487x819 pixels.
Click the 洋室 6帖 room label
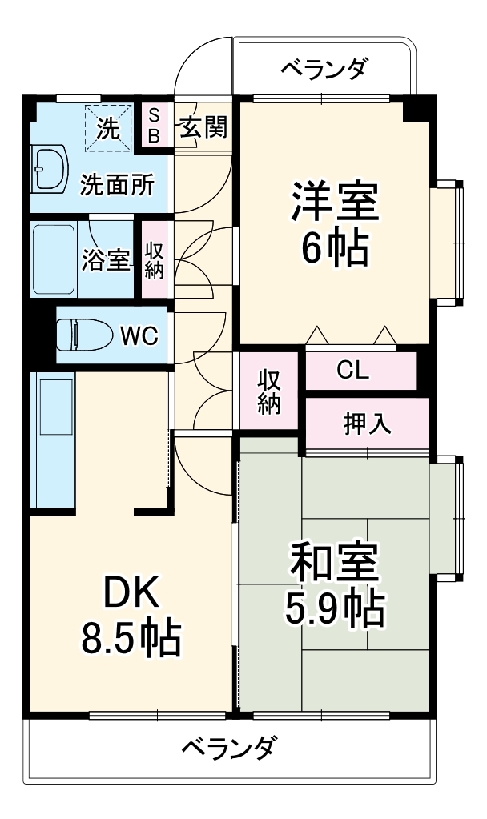pos(334,225)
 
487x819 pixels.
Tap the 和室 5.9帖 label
pos(334,584)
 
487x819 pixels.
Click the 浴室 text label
pos(105,260)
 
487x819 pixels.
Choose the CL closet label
pos(352,371)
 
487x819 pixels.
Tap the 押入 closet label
pos(368,423)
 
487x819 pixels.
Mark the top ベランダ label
pos(324,70)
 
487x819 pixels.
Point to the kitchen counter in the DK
pos(51,439)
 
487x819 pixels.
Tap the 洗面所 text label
pos(116,185)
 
